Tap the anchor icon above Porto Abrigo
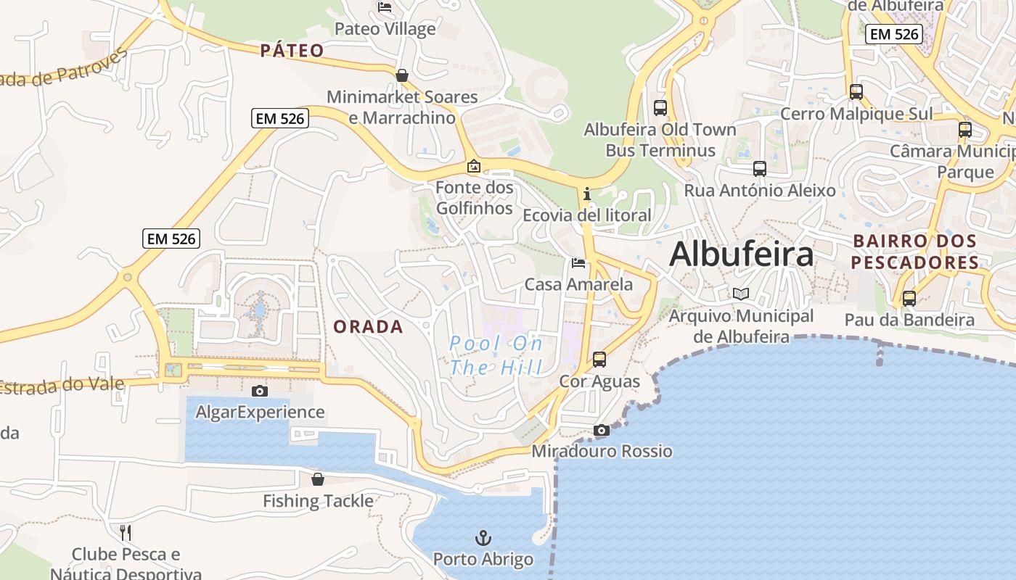coord(483,538)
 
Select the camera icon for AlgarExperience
coord(259,391)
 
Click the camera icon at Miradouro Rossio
coord(601,431)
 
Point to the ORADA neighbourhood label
coord(368,327)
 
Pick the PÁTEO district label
coord(292,51)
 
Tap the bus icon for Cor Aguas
coord(599,360)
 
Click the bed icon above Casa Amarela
coord(578,262)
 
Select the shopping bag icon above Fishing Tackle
coord(317,479)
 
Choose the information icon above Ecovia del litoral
coord(586,194)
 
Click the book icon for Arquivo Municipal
coord(740,294)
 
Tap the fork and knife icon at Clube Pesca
coord(126,533)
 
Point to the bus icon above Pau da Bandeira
coord(909,299)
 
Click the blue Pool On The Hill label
coord(496,355)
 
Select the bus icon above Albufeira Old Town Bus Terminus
coord(660,108)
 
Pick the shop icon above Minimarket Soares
coord(401,75)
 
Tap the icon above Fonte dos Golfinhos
coord(474,166)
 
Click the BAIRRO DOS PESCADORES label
coord(914,252)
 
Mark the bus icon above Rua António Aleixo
coord(759,169)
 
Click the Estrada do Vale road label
coord(51,386)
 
